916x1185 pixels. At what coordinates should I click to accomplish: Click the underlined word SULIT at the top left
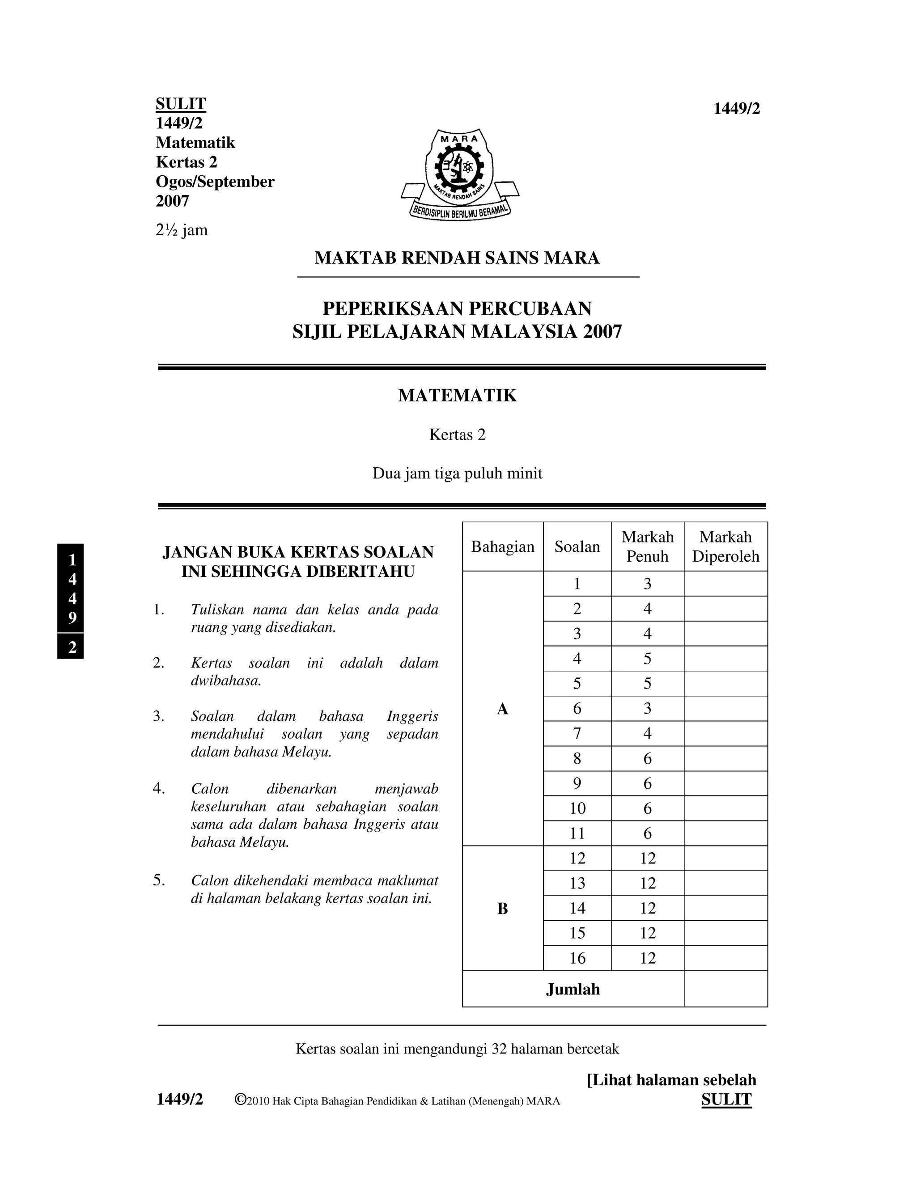[x=181, y=104]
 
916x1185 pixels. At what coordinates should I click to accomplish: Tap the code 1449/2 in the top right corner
[x=736, y=109]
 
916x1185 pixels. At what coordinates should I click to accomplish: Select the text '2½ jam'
[x=181, y=230]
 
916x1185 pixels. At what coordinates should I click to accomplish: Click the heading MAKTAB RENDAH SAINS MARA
[x=457, y=258]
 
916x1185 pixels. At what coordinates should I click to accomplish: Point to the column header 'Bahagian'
[x=502, y=547]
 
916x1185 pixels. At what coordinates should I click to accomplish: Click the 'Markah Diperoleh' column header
[x=725, y=547]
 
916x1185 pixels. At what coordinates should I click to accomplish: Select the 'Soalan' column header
[x=577, y=547]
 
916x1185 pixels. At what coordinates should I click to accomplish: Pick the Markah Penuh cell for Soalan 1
[x=647, y=584]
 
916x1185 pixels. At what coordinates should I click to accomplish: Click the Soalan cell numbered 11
[x=577, y=834]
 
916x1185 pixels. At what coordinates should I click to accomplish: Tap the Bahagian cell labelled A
[x=502, y=709]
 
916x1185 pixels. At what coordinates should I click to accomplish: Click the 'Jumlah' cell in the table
[x=572, y=989]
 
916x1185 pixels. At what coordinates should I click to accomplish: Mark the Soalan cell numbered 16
[x=577, y=958]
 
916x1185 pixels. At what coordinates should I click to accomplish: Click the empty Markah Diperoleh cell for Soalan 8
[x=725, y=758]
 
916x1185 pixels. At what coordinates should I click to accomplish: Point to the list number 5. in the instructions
[x=158, y=880]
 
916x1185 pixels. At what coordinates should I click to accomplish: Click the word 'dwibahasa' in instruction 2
[x=225, y=681]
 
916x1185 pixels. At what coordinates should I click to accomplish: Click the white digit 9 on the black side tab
[x=72, y=618]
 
